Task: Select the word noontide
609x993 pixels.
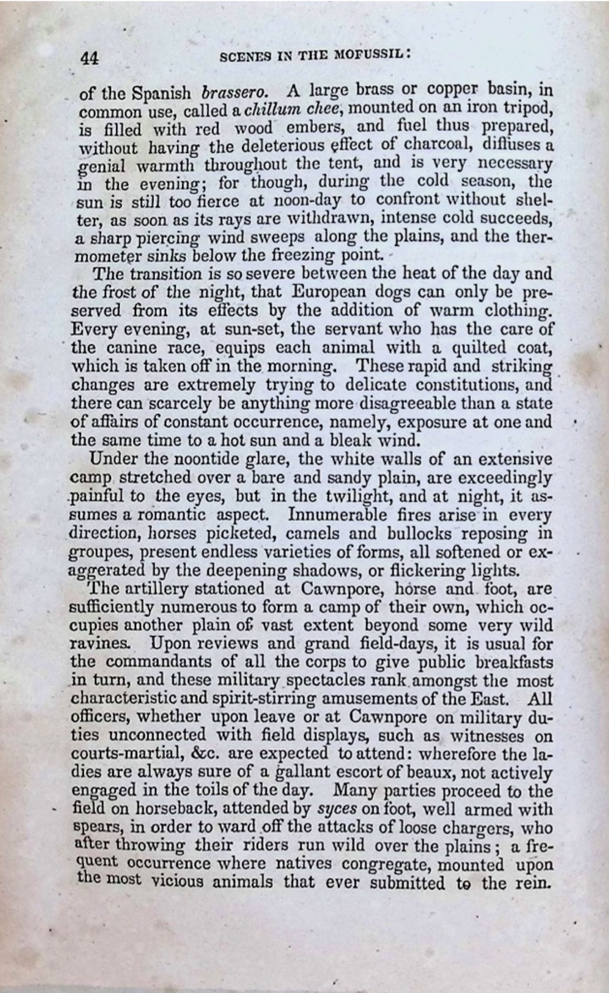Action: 210,459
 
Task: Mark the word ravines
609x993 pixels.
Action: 100,645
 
